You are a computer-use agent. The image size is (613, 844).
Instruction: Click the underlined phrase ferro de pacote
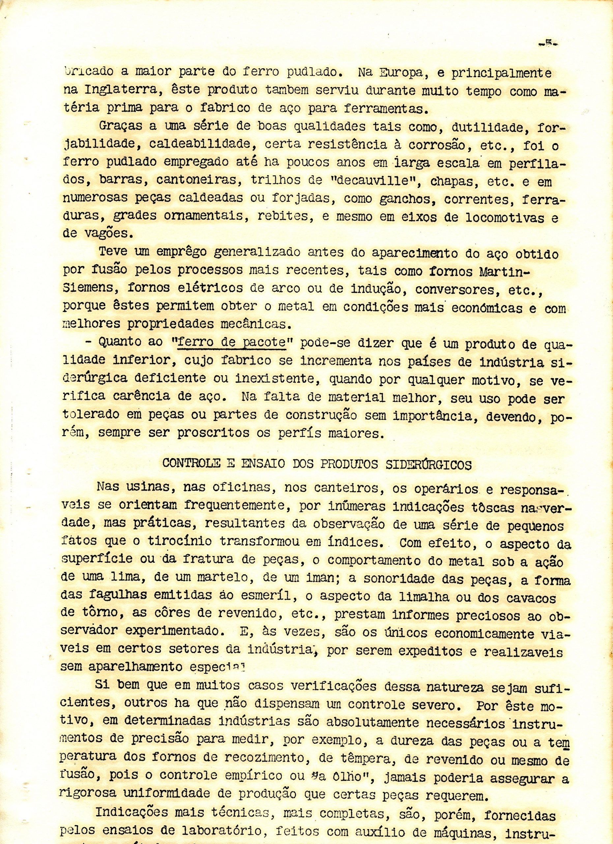231,342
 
